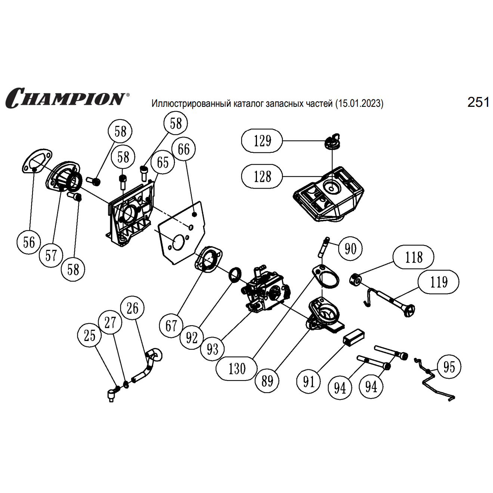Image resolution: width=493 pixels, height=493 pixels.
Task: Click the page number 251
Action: pyautogui.click(x=478, y=102)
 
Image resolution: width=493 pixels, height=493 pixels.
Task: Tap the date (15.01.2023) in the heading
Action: pyautogui.click(x=359, y=103)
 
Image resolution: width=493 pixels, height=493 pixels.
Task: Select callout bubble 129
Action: pyautogui.click(x=262, y=141)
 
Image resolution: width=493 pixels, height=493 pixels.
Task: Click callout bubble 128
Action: pyautogui.click(x=262, y=176)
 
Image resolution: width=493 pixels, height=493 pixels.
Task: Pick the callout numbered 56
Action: pyautogui.click(x=29, y=242)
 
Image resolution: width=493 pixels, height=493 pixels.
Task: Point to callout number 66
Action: pyautogui.click(x=183, y=149)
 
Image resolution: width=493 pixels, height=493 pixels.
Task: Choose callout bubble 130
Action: pyautogui.click(x=237, y=369)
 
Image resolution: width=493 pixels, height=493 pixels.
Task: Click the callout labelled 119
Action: pyautogui.click(x=438, y=282)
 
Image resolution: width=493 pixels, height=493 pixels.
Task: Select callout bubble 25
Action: pyautogui.click(x=89, y=335)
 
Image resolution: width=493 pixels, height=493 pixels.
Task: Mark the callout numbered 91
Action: pyautogui.click(x=309, y=381)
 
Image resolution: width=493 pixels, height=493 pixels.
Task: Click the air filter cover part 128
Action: pyautogui.click(x=329, y=194)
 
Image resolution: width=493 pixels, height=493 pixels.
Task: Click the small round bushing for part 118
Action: pyautogui.click(x=356, y=280)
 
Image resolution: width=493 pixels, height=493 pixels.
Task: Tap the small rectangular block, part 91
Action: pyautogui.click(x=354, y=338)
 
